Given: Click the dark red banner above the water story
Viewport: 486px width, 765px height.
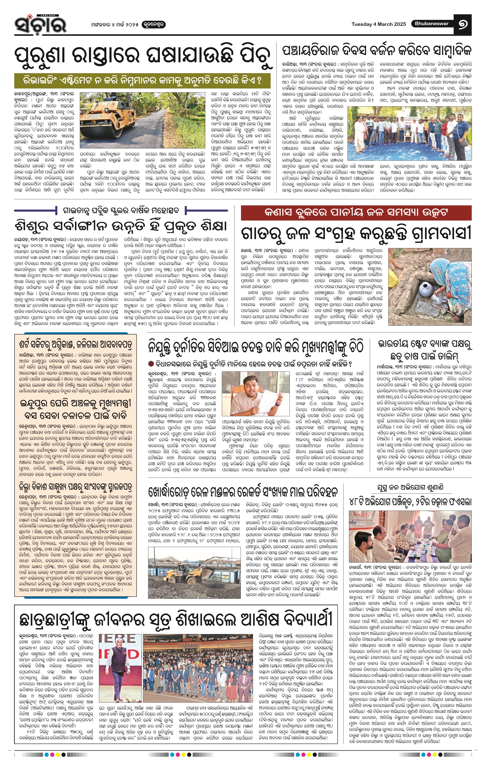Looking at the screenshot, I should (x=356, y=213).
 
